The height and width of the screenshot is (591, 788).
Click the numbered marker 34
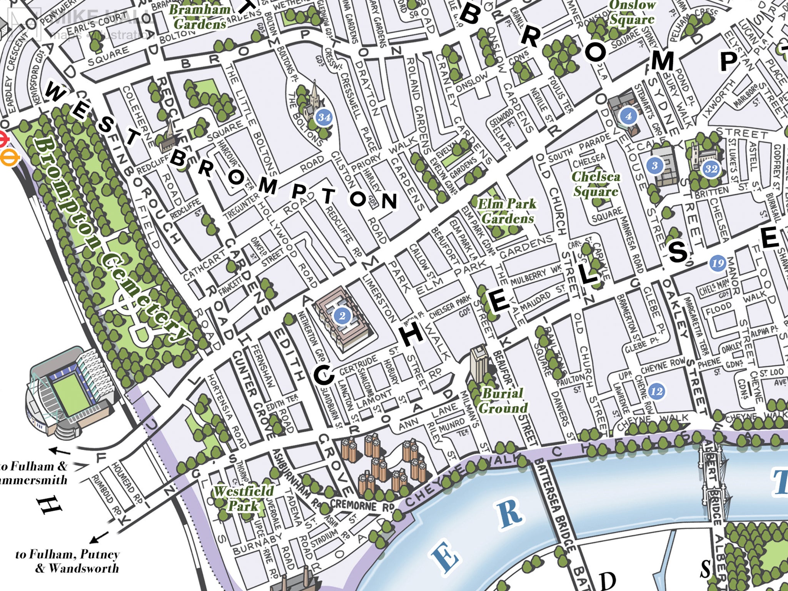(x=324, y=117)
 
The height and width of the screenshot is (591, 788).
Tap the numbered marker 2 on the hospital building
(x=342, y=316)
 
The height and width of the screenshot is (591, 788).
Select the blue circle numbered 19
(x=717, y=263)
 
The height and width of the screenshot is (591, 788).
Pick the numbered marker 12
(x=656, y=391)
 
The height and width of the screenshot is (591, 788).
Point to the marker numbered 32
(x=711, y=169)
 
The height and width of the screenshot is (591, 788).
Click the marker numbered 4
(x=628, y=116)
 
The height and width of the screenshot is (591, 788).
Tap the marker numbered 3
(x=654, y=165)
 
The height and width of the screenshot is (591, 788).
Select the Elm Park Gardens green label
(x=507, y=211)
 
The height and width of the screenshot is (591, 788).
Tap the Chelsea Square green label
(x=596, y=184)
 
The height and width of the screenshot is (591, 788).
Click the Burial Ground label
(x=503, y=400)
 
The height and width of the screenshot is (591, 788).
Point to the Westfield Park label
(x=243, y=498)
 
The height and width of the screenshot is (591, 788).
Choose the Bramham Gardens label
(x=199, y=16)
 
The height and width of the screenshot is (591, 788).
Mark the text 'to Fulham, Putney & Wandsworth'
(x=67, y=561)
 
